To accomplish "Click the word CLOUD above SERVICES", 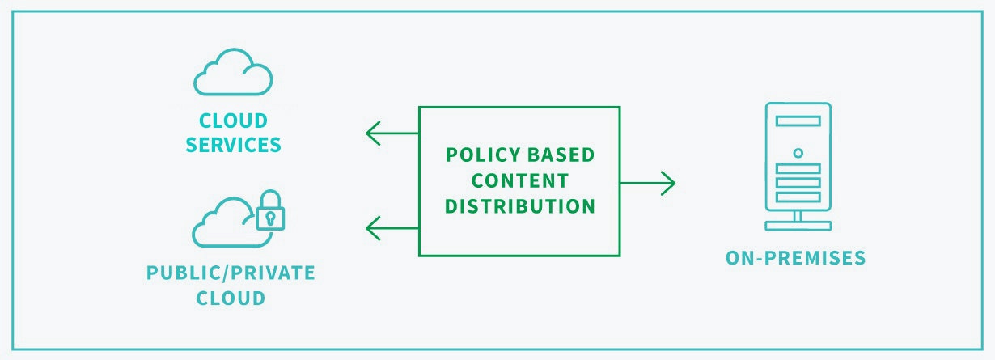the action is (233, 121).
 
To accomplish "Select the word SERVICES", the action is (233, 145).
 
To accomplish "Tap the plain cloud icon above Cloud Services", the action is (233, 72).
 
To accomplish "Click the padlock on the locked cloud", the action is (270, 210).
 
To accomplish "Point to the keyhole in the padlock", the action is (270, 218).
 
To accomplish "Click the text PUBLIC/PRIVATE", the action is (231, 273).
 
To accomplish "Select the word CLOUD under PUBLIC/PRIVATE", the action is (231, 299).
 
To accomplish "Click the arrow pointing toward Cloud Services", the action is (392, 133).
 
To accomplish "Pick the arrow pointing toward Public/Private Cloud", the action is (392, 228).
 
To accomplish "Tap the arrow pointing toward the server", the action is (648, 183).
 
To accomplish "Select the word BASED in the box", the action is (561, 155).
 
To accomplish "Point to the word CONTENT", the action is (520, 181).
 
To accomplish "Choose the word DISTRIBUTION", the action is (520, 206).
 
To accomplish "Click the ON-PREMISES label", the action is (795, 258).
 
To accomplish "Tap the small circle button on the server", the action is (798, 154).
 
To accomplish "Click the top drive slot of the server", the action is (798, 121).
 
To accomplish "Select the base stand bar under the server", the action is (798, 227).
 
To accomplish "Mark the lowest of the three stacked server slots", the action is (798, 197).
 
